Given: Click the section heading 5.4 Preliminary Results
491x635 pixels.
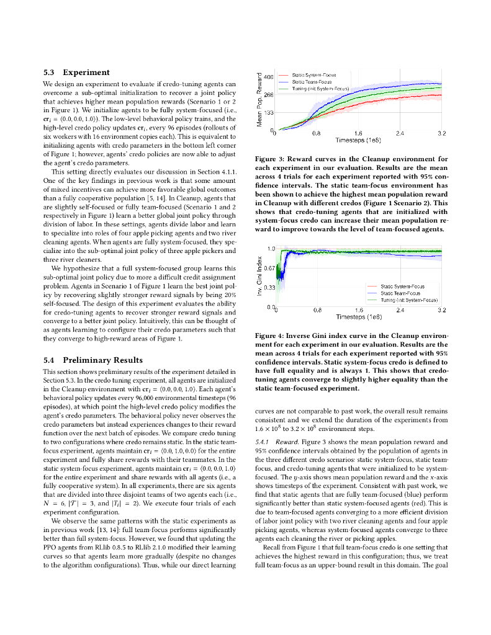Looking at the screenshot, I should pos(92,360).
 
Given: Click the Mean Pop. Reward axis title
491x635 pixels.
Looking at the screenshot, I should pos(261,100).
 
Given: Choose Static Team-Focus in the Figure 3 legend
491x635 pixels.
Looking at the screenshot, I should pos(312,81).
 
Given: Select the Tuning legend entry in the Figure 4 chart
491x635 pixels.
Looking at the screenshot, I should pos(409,300).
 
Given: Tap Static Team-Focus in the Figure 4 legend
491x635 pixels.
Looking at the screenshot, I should pos(400,293).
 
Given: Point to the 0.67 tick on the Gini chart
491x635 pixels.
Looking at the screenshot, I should pos(269,268).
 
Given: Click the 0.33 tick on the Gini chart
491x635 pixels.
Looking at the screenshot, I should pos(269,288).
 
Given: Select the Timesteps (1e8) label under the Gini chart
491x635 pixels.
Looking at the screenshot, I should pos(358,316).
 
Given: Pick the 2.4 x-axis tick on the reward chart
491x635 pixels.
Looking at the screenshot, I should pos(400,133).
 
